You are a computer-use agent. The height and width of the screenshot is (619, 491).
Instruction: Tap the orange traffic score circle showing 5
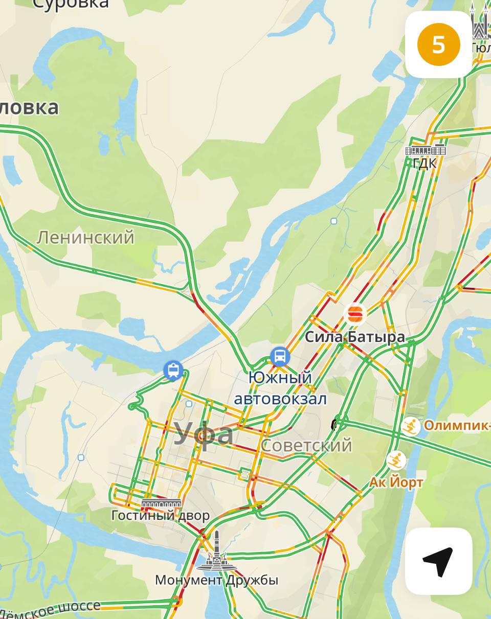(x=439, y=45)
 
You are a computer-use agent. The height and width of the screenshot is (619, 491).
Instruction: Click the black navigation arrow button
(x=438, y=561)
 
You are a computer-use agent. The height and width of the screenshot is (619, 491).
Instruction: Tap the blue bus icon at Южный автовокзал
(x=280, y=357)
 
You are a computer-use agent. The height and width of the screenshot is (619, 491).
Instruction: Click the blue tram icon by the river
(x=173, y=370)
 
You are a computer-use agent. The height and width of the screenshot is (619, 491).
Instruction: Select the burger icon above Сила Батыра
(x=354, y=314)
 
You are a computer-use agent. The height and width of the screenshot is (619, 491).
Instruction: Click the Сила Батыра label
(x=354, y=337)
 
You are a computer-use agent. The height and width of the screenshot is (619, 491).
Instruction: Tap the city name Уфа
(x=204, y=434)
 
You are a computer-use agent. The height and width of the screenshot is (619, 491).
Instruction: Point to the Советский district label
(x=306, y=445)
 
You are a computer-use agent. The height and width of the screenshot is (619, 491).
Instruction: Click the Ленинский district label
(x=85, y=237)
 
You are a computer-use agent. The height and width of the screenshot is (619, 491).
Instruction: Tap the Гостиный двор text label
(x=160, y=515)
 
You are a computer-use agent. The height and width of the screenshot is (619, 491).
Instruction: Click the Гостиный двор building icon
(x=161, y=503)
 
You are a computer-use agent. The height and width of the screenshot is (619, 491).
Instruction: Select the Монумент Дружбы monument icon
(x=217, y=553)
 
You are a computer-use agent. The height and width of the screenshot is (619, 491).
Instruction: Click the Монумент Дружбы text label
(x=216, y=580)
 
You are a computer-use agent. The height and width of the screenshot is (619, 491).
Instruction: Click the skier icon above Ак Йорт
(x=396, y=461)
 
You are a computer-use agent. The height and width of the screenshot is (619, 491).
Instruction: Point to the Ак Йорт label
(x=396, y=482)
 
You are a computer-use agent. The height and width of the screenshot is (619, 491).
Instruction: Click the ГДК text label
(x=425, y=164)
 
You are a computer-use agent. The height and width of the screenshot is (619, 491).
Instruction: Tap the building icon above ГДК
(x=425, y=150)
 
